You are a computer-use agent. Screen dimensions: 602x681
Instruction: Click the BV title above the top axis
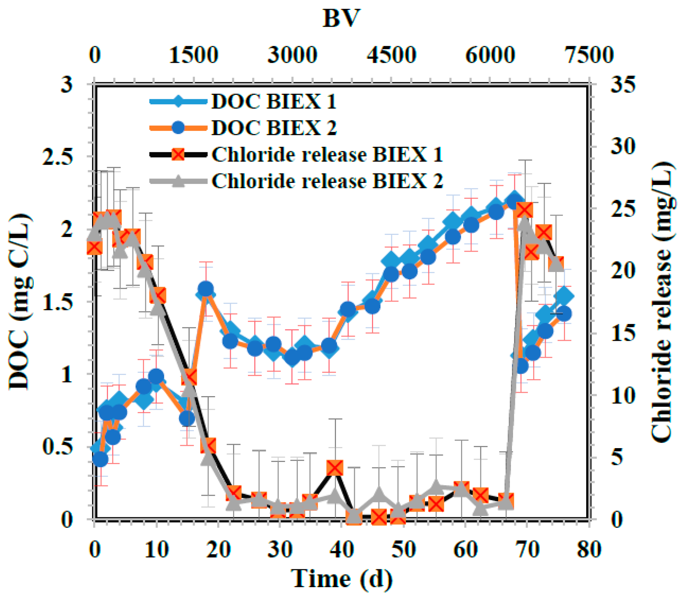pyautogui.click(x=341, y=19)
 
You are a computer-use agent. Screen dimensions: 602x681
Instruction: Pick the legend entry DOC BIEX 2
pyautogui.click(x=274, y=128)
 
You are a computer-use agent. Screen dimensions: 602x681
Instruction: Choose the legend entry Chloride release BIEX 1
pyautogui.click(x=327, y=155)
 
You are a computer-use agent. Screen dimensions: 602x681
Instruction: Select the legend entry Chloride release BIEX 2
pyautogui.click(x=327, y=181)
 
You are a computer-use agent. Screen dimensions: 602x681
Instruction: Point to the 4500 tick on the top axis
pyautogui.click(x=391, y=55)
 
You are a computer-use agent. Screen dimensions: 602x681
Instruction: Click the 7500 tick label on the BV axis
pyautogui.click(x=589, y=55)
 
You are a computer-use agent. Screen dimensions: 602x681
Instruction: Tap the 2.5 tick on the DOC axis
pyautogui.click(x=57, y=157)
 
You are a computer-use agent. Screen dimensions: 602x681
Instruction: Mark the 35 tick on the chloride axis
pyautogui.click(x=623, y=84)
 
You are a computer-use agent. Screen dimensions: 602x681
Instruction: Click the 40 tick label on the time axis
pyautogui.click(x=341, y=549)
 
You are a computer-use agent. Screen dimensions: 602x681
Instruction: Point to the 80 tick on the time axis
pyautogui.click(x=589, y=549)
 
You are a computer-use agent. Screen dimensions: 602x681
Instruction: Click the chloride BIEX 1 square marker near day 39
pyautogui.click(x=335, y=468)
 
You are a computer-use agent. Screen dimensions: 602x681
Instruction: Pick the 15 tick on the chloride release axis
pyautogui.click(x=623, y=333)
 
